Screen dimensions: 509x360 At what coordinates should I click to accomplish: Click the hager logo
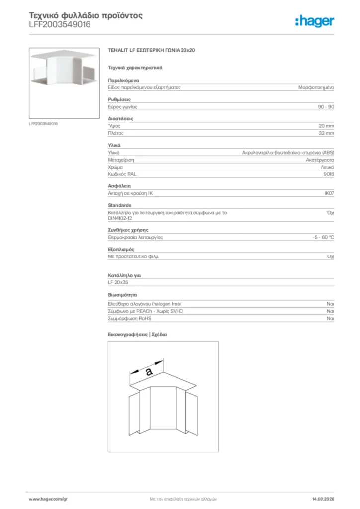pyautogui.click(x=314, y=21)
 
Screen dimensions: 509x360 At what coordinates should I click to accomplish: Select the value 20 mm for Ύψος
pyautogui.click(x=326, y=126)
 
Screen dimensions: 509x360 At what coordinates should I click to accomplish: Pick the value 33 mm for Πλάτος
pyautogui.click(x=326, y=133)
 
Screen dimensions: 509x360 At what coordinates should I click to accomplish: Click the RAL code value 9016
pyautogui.click(x=329, y=174)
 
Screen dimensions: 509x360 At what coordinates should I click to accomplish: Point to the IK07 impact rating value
pyautogui.click(x=329, y=194)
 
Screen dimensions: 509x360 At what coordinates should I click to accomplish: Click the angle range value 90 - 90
pyautogui.click(x=326, y=107)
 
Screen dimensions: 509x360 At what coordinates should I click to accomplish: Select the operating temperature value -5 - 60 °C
pyautogui.click(x=320, y=237)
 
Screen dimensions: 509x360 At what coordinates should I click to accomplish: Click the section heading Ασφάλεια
pyautogui.click(x=119, y=186)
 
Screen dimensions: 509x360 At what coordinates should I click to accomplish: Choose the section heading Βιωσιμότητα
pyautogui.click(x=122, y=295)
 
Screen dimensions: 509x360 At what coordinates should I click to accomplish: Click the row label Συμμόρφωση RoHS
pyautogui.click(x=129, y=318)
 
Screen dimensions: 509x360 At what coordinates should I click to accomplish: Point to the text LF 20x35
pyautogui.click(x=118, y=282)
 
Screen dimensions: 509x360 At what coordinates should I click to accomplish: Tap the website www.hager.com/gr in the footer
pyautogui.click(x=48, y=498)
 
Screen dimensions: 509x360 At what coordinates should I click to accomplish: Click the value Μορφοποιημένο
pyautogui.click(x=316, y=87)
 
